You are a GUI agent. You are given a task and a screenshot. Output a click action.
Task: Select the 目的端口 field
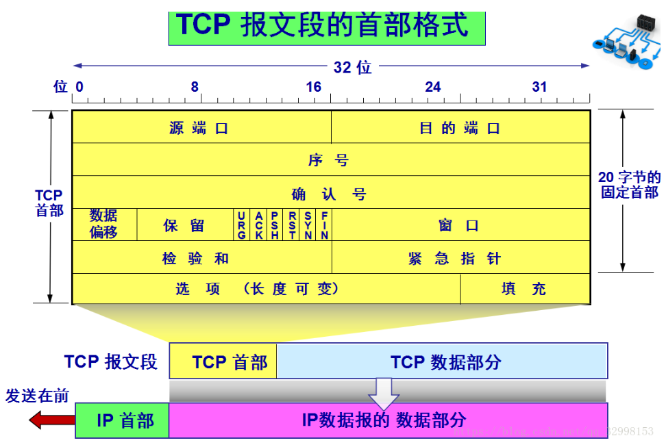460,128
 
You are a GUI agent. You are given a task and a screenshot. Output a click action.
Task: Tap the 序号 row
330,160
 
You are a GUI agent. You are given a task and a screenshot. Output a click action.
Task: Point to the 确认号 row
330,194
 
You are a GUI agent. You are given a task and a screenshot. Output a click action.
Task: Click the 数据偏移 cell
104,225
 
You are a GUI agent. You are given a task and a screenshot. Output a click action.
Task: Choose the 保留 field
184,225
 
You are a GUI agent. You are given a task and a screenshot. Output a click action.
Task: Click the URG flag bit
241,225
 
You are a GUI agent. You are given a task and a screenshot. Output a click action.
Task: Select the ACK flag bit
258,225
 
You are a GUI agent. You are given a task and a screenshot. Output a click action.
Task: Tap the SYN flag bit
308,225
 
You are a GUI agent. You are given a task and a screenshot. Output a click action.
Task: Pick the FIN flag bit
325,225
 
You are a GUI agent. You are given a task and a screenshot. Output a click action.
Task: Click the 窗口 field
460,225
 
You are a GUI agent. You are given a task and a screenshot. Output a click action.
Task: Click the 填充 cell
525,289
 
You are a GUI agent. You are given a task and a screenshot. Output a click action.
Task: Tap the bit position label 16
314,87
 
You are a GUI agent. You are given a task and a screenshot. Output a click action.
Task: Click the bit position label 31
540,87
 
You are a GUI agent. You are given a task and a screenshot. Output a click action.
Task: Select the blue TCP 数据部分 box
442,361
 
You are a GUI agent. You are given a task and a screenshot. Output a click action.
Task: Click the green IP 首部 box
123,420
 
